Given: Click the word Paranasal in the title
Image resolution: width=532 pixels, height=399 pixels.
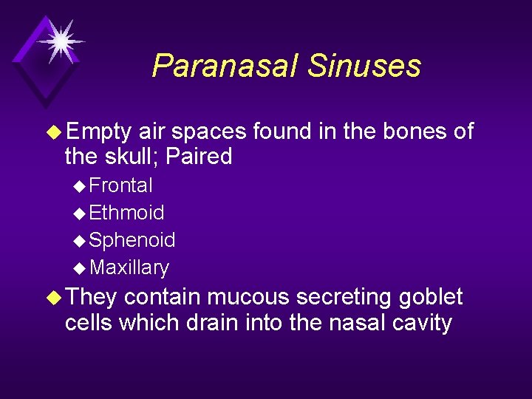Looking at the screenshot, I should click(225, 66).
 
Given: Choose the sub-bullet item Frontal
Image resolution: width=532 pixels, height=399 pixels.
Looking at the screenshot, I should click(120, 185).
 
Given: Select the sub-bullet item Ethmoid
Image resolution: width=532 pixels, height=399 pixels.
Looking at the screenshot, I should click(126, 213).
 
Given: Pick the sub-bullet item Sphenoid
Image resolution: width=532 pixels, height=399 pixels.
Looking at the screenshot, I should click(132, 240).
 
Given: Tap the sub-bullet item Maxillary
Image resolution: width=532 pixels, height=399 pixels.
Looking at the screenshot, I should click(129, 267).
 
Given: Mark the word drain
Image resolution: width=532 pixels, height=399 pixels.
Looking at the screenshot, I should click(220, 323).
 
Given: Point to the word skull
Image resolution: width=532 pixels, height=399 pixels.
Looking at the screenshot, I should click(130, 157).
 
